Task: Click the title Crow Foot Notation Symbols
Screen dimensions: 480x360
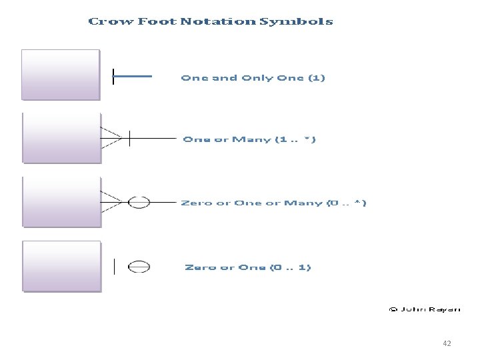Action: [x=211, y=21]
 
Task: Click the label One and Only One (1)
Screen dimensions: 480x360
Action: [x=253, y=78]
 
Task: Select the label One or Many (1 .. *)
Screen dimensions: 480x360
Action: [x=249, y=139]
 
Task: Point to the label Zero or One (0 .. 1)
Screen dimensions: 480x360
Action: [x=247, y=267]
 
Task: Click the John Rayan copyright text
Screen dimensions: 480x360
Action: [x=424, y=309]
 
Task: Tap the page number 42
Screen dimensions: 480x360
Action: [x=447, y=343]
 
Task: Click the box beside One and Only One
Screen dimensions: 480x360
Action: [x=61, y=75]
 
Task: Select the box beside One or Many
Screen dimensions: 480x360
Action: [x=61, y=137]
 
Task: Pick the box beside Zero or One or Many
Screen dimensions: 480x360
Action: [x=61, y=201]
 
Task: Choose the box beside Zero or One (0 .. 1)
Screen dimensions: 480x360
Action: [x=61, y=266]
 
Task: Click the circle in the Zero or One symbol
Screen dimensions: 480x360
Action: [x=139, y=267]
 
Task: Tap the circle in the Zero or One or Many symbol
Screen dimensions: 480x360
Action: [x=139, y=202]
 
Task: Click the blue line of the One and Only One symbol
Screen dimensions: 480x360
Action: [x=133, y=76]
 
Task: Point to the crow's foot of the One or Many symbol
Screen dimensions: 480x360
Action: [x=111, y=138]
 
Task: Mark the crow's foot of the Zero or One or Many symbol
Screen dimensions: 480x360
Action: [x=111, y=201]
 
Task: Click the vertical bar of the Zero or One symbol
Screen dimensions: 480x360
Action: [x=115, y=267]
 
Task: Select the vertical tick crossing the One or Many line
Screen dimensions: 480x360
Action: [x=129, y=138]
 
